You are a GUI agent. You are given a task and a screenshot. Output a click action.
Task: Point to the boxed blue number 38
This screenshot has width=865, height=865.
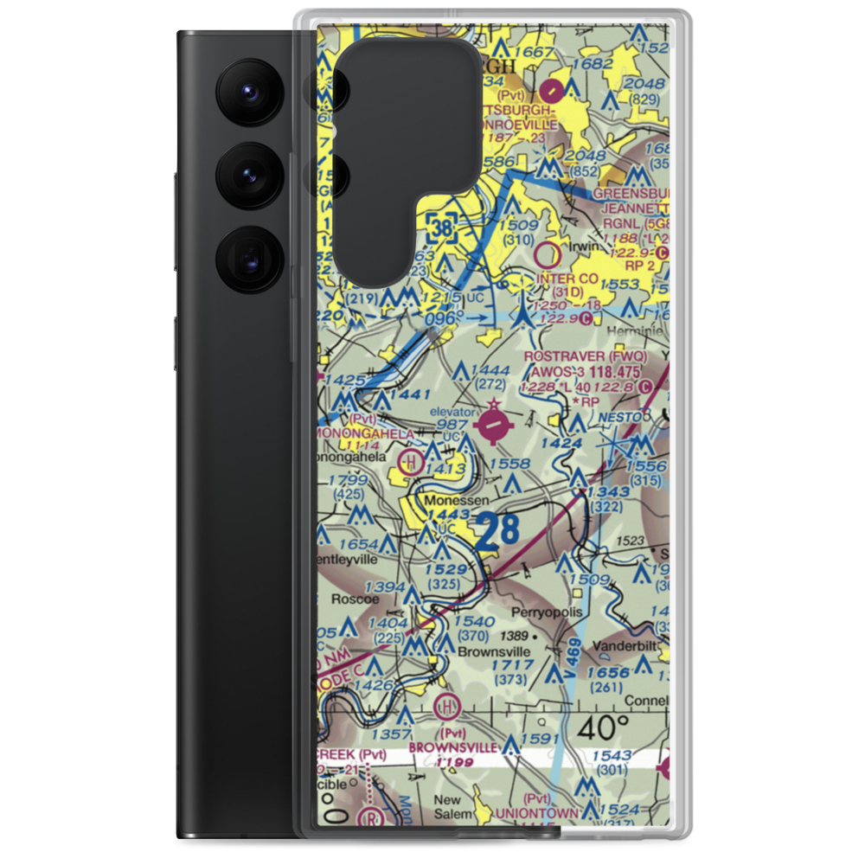442,228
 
